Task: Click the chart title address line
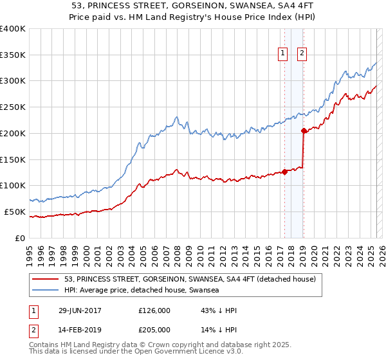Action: tap(193, 6)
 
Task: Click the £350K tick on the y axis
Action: tap(13, 55)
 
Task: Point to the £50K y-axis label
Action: tap(15, 212)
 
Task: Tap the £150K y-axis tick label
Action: tap(13, 159)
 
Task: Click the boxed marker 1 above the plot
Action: tap(283, 54)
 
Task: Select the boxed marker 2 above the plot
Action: tap(302, 54)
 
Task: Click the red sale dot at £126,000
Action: tap(284, 172)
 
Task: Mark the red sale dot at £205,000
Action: tap(303, 130)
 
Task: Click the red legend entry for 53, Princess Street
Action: tap(190, 280)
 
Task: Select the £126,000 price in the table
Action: tap(154, 310)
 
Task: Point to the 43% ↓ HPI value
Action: tap(219, 310)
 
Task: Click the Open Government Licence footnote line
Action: tap(136, 352)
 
